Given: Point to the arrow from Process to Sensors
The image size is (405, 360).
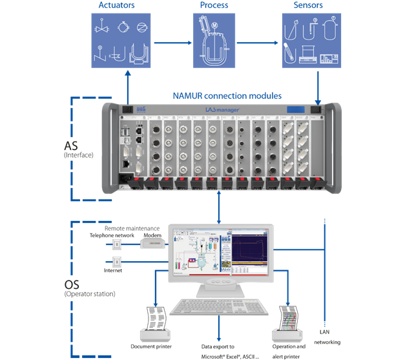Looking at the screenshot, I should pyautogui.click(x=258, y=43).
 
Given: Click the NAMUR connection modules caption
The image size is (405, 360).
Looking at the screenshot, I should pyautogui.click(x=227, y=96).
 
